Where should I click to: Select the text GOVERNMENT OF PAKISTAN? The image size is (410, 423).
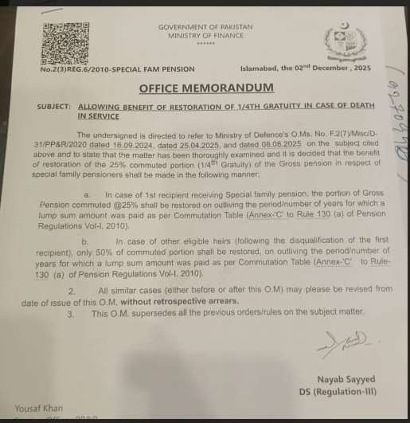click(205, 27)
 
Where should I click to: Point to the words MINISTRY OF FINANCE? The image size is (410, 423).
click(205, 35)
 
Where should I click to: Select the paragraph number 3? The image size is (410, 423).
click(72, 315)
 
